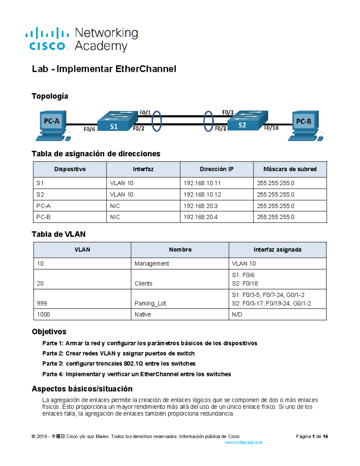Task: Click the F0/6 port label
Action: (x=89, y=129)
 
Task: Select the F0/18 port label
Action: (x=271, y=128)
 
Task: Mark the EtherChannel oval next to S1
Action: (x=157, y=121)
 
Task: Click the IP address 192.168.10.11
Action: (x=202, y=183)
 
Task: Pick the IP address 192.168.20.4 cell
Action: (x=201, y=217)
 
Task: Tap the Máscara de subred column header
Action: (x=290, y=169)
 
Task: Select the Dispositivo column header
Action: (x=70, y=169)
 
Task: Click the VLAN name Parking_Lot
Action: (x=150, y=303)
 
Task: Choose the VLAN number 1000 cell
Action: (x=43, y=314)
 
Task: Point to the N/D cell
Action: (x=237, y=314)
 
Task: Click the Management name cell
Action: (x=152, y=263)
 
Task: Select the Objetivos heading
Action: (x=49, y=332)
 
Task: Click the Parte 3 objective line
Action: (x=119, y=364)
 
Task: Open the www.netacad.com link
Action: (x=244, y=442)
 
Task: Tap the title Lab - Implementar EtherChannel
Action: (x=104, y=69)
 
